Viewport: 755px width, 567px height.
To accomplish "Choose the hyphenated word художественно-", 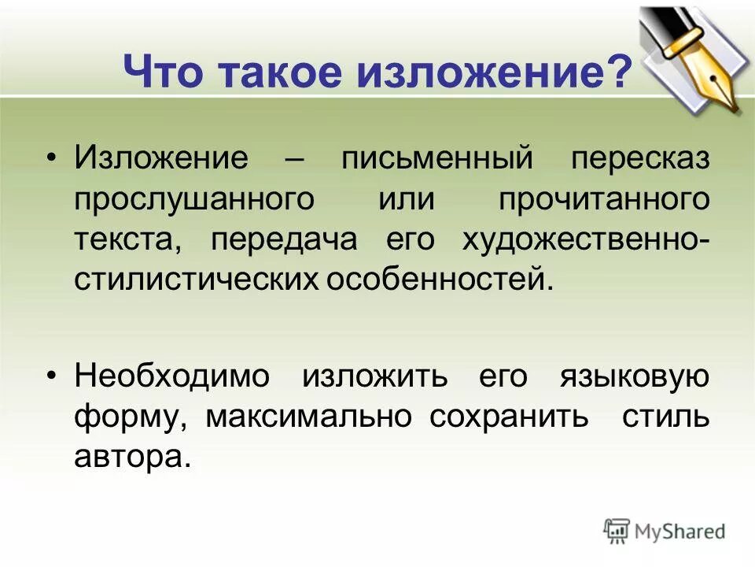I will pyautogui.click(x=585, y=239).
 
